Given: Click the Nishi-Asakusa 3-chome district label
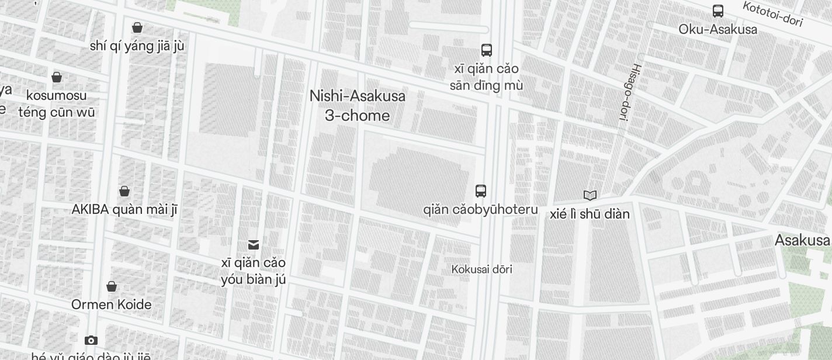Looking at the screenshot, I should (x=358, y=105).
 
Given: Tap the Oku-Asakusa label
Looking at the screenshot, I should (x=717, y=29).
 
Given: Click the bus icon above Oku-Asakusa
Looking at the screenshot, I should (x=717, y=11).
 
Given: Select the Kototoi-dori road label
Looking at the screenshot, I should (x=772, y=14).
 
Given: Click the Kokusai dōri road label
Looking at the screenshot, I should (x=482, y=269).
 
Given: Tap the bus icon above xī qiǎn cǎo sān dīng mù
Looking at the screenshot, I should (x=486, y=50).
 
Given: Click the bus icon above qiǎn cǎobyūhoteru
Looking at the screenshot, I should (x=480, y=191).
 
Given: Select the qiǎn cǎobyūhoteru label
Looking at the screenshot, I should (x=480, y=209).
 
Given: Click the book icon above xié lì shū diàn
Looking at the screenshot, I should (x=590, y=195).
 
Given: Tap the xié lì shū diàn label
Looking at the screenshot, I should (x=590, y=214).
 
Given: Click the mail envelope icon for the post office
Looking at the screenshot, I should (x=254, y=244).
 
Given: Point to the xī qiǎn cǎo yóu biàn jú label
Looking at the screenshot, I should (x=254, y=271).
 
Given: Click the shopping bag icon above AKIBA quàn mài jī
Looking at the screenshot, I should (x=124, y=191).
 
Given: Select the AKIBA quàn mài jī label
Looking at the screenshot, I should (x=124, y=209).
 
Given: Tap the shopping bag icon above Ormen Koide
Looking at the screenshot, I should (x=112, y=286).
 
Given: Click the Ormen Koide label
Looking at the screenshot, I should (x=112, y=304).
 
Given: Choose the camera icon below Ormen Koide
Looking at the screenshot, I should (x=91, y=340).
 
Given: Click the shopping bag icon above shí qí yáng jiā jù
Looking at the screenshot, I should (x=137, y=27).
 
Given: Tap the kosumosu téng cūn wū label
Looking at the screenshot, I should (x=57, y=103).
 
